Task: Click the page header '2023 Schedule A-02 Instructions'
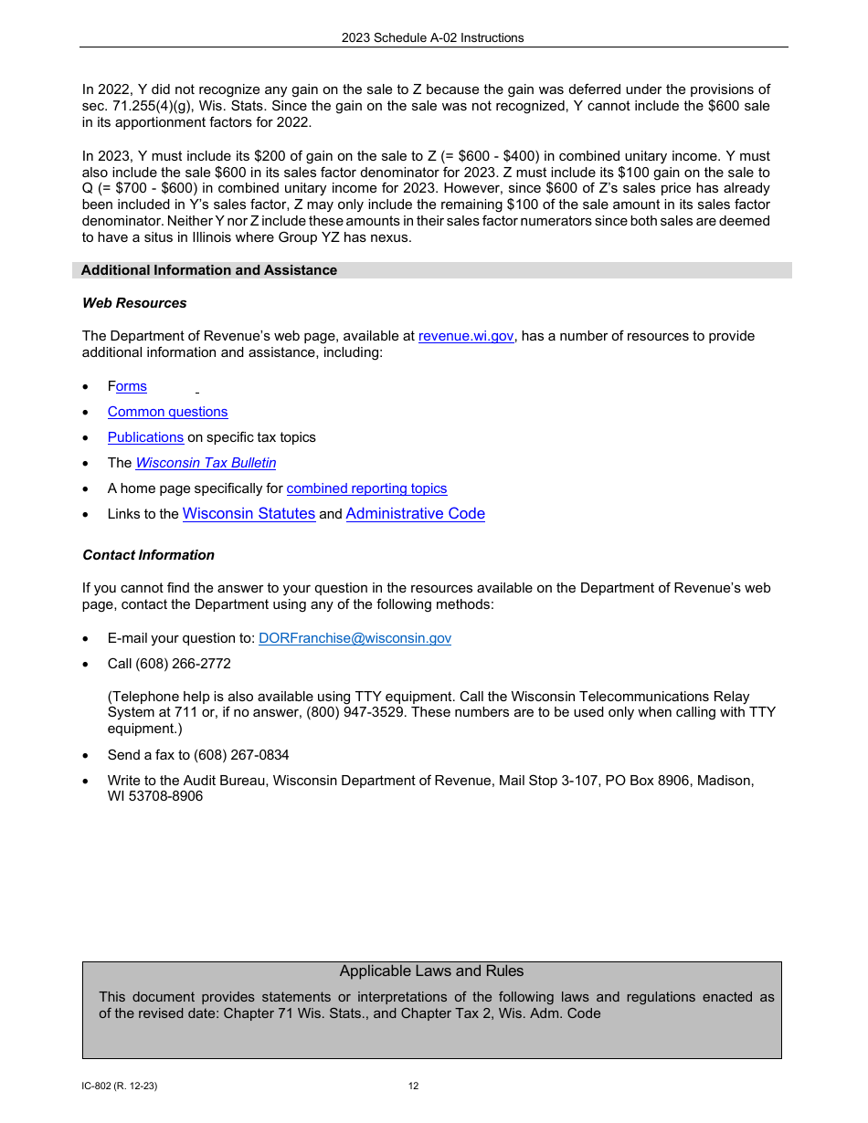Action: coord(432,37)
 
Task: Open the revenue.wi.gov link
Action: coord(465,336)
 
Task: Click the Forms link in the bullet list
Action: coord(127,386)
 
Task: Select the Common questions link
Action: coord(167,412)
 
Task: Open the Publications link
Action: coord(145,437)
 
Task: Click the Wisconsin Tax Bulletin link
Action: coord(206,463)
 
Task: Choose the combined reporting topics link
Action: coord(366,488)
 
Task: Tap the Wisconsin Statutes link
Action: coord(249,514)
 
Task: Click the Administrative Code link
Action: coord(415,514)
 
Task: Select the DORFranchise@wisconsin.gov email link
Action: coord(355,638)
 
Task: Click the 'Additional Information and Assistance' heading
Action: coord(208,270)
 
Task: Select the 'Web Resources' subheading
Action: coord(134,303)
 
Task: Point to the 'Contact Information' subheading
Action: coord(148,555)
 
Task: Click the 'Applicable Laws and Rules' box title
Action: coord(431,971)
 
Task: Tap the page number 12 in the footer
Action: coord(413,1086)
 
